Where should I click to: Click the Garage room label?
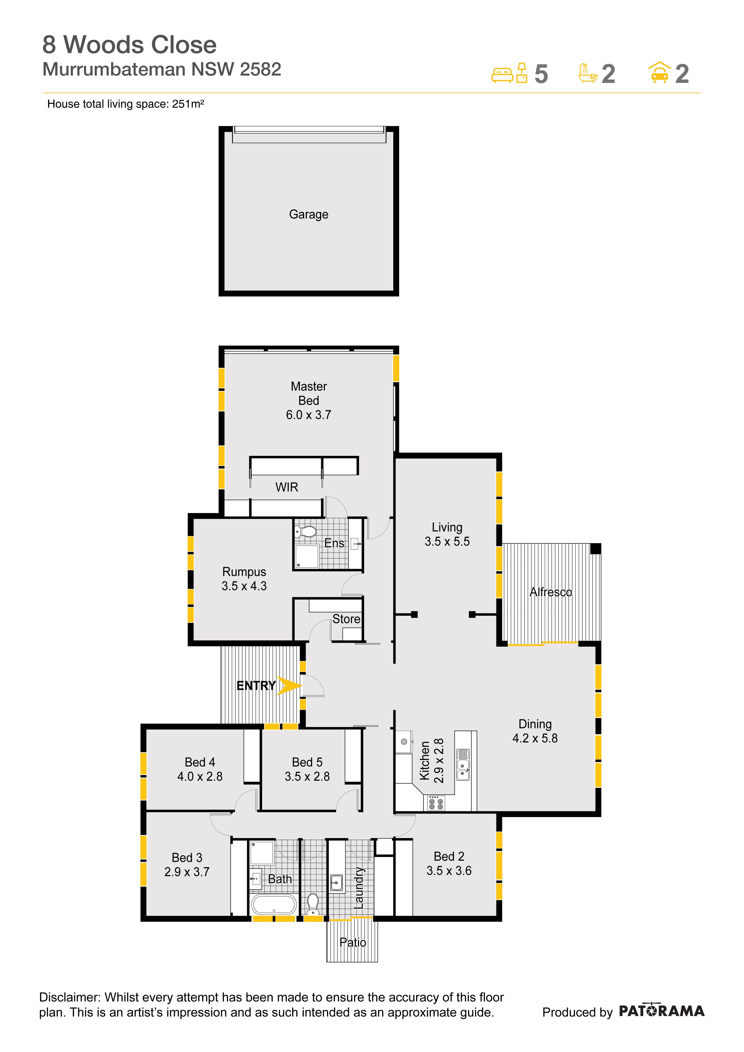coord(308,214)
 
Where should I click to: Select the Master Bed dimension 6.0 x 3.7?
coord(308,415)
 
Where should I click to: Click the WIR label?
coord(287,487)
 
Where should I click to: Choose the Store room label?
coord(346,619)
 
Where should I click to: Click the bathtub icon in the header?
coord(588,73)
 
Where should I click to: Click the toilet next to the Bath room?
coord(313,902)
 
